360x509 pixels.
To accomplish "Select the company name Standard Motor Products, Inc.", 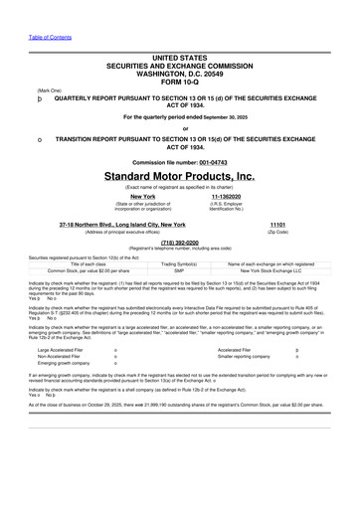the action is (x=179, y=175).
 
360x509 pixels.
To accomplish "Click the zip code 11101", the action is (x=278, y=226).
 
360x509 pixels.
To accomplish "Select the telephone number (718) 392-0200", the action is (x=179, y=241).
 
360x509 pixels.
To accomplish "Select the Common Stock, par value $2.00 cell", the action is (x=75, y=269).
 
